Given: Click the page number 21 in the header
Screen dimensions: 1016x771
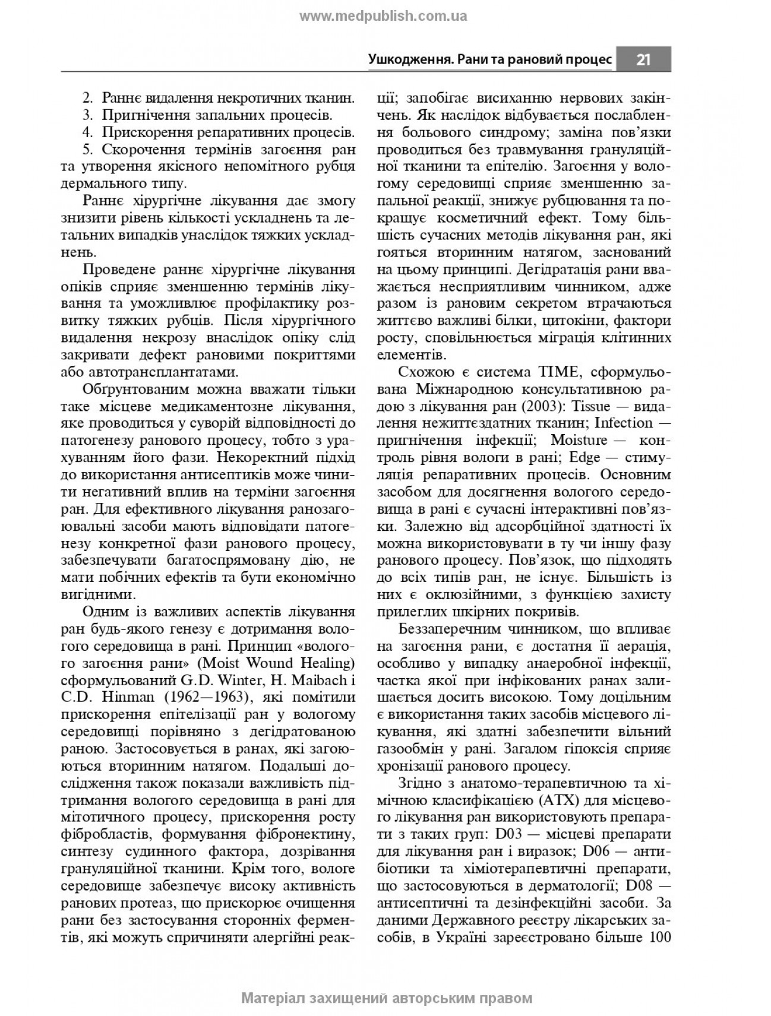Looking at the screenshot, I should [x=643, y=59].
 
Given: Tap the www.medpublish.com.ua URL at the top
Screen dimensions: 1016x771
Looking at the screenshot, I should [x=383, y=17].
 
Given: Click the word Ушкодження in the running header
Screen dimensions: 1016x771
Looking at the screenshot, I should [x=405, y=59].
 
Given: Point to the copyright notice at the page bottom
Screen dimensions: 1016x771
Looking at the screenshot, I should [x=387, y=998].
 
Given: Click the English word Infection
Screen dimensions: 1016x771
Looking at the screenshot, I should [x=623, y=423].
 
